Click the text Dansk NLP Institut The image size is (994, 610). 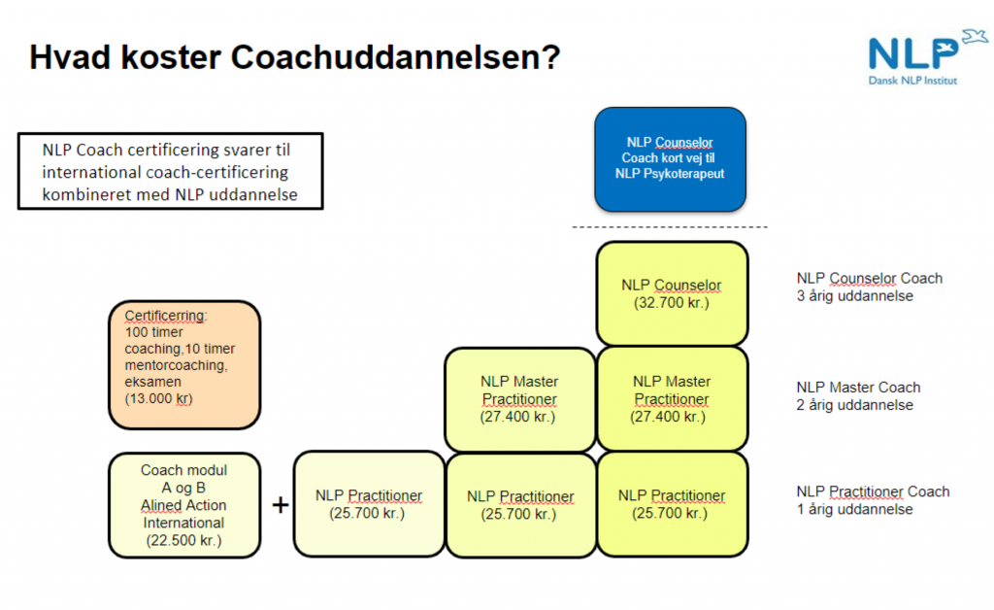pyautogui.click(x=912, y=81)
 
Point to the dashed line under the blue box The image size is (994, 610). pyautogui.click(x=670, y=227)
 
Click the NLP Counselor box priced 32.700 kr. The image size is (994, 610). pyautogui.click(x=672, y=293)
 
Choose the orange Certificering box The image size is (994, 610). pyautogui.click(x=184, y=364)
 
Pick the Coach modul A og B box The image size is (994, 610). pyautogui.click(x=183, y=505)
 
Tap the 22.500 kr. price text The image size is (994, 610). pyautogui.click(x=183, y=541)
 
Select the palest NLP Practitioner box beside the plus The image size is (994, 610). pyautogui.click(x=369, y=504)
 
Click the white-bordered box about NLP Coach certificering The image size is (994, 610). pyautogui.click(x=170, y=172)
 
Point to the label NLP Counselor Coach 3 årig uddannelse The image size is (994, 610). pyautogui.click(x=869, y=287)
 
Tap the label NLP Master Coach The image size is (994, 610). pyautogui.click(x=858, y=387)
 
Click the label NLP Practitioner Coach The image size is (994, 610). pyautogui.click(x=873, y=491)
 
